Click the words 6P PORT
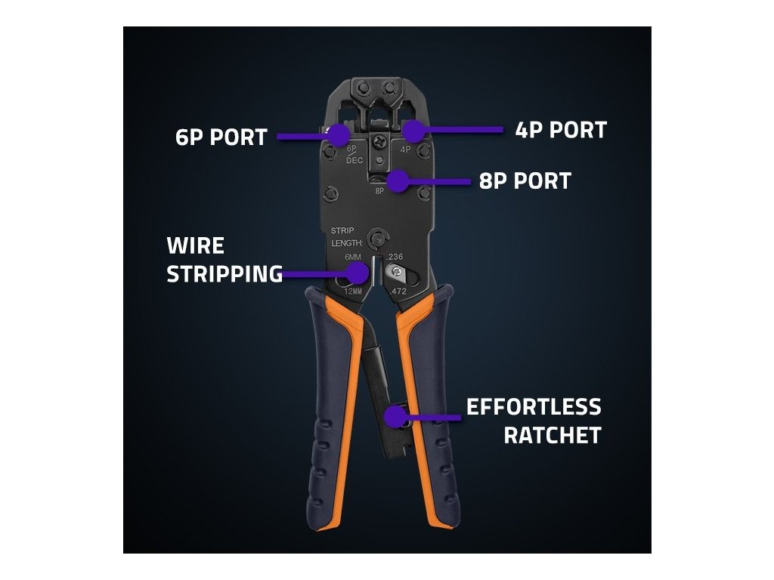click(x=221, y=137)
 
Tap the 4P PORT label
click(x=561, y=130)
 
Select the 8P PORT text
click(x=525, y=181)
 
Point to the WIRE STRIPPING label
click(x=224, y=260)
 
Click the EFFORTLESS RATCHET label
click(x=534, y=421)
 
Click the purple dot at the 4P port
click(x=412, y=131)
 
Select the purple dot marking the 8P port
click(x=396, y=181)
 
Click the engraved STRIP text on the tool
click(x=342, y=230)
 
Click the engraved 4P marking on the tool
click(x=405, y=150)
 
